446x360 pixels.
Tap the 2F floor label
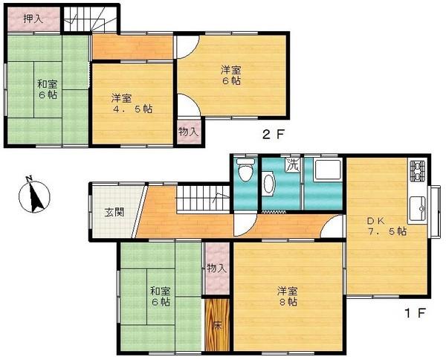(x=271, y=135)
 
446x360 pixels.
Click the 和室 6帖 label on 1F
(x=160, y=296)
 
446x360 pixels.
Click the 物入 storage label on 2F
(x=189, y=132)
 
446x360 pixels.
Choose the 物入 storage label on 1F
(x=217, y=268)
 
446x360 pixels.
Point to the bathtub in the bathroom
(x=323, y=175)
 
